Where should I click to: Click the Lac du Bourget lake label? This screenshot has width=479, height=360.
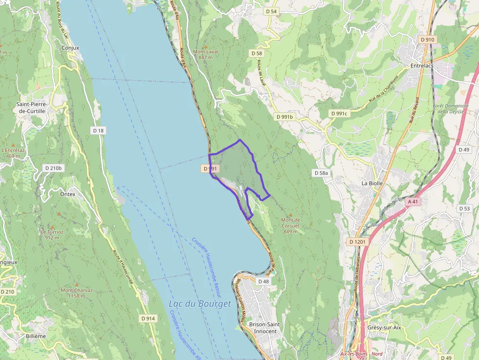click(x=199, y=304)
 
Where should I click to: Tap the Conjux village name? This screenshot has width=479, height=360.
click(x=70, y=48)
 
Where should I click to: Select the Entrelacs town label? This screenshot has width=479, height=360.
click(x=422, y=65)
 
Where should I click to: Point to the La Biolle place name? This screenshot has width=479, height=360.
click(x=372, y=183)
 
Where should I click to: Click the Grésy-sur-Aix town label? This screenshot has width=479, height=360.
click(x=384, y=327)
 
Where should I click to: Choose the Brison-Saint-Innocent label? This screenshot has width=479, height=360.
click(x=263, y=328)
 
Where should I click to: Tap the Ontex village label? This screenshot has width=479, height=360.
click(x=68, y=194)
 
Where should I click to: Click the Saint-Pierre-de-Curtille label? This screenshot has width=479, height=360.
click(x=31, y=107)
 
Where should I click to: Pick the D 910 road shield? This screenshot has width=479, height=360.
click(x=427, y=40)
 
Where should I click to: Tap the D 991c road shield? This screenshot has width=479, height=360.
click(x=338, y=113)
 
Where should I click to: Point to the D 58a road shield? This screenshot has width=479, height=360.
click(x=321, y=173)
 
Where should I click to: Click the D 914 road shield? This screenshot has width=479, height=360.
click(x=148, y=318)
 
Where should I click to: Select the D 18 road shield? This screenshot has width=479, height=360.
click(x=98, y=130)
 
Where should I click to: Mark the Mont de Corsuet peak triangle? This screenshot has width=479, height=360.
click(x=290, y=214)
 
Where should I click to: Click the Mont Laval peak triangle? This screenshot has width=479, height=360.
click(x=205, y=47)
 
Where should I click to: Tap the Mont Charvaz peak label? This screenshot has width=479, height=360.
click(x=77, y=293)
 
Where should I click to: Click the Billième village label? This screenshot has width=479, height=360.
click(x=36, y=336)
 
